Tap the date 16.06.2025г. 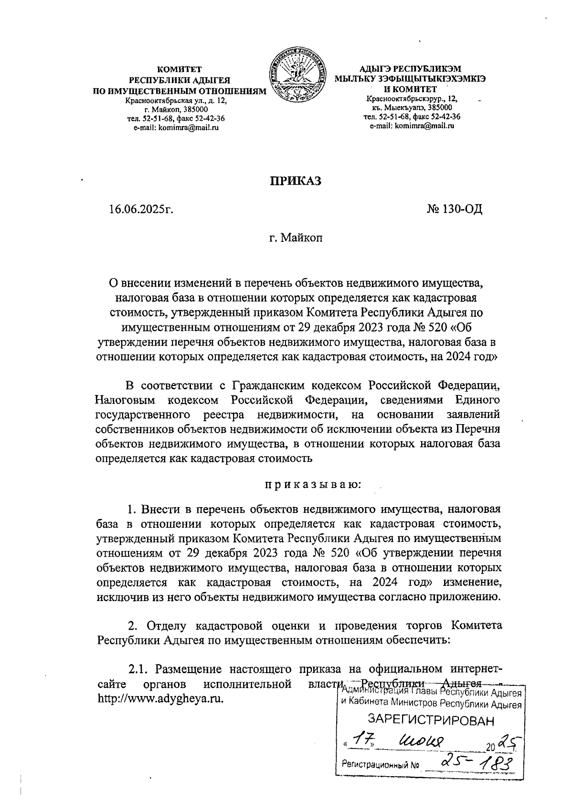click(140, 209)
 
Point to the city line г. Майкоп click(296, 238)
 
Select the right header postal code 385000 click(437, 108)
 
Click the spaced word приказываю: click(313, 485)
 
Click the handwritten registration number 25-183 click(472, 761)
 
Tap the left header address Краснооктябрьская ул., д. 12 click(176, 101)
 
